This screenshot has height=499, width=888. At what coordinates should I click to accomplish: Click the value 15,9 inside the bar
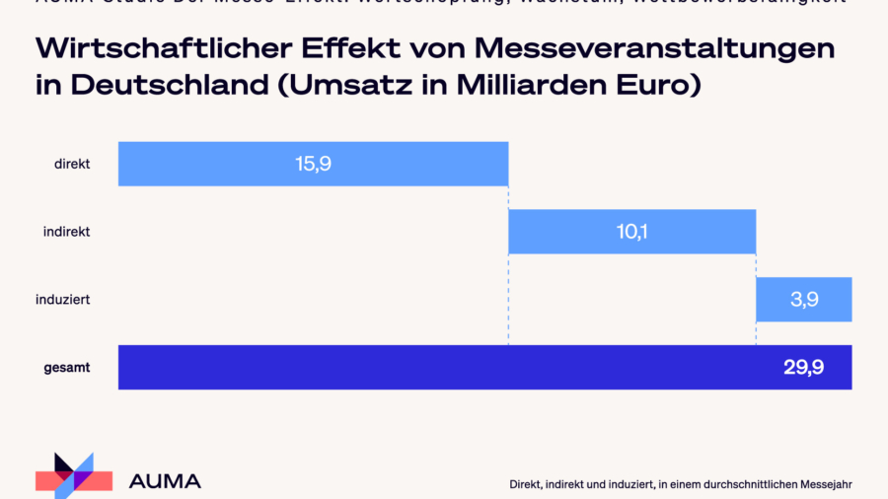313,164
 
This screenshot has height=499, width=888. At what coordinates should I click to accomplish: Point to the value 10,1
631,232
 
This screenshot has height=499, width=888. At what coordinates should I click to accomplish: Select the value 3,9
804,300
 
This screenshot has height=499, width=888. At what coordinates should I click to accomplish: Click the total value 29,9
803,367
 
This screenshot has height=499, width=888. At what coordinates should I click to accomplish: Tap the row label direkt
72,164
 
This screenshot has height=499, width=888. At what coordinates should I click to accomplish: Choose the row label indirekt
67,232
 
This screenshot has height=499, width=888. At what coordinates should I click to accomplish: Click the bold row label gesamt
67,367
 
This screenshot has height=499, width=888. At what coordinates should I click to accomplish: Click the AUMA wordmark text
165,481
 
